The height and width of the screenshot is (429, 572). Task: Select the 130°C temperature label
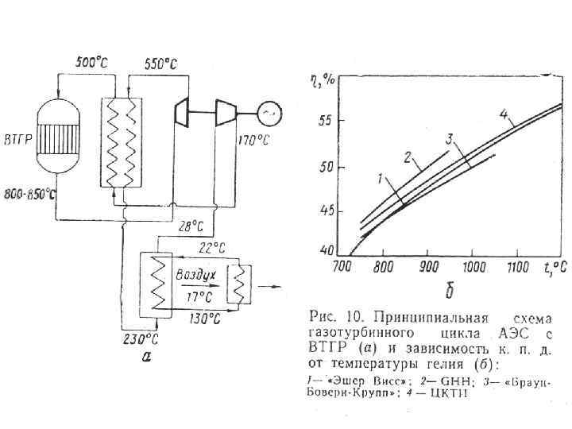tap(205, 319)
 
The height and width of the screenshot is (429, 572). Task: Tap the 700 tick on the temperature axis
tap(342, 265)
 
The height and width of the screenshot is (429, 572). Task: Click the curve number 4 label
tap(503, 114)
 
